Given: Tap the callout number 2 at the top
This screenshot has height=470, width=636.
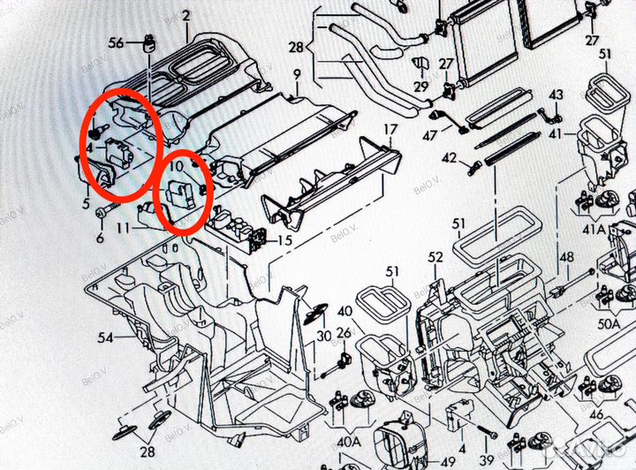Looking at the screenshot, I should pyautogui.click(x=185, y=16).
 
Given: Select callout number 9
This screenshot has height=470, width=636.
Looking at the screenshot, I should pyautogui.click(x=297, y=72).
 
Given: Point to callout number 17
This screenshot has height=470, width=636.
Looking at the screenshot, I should pyautogui.click(x=390, y=129).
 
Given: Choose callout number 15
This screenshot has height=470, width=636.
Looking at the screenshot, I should pyautogui.click(x=284, y=239).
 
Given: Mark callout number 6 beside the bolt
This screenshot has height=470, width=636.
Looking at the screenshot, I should pyautogui.click(x=99, y=238).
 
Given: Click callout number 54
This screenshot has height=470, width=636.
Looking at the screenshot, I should pyautogui.click(x=105, y=338).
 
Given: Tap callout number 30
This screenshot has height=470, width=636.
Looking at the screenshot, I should pyautogui.click(x=324, y=336).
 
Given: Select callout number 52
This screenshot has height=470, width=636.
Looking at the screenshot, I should pyautogui.click(x=435, y=257).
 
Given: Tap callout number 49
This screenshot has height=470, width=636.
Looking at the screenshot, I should pyautogui.click(x=448, y=459).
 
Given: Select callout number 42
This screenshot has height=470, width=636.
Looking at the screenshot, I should pyautogui.click(x=450, y=158).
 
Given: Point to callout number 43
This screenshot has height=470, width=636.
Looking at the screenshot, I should pyautogui.click(x=556, y=95).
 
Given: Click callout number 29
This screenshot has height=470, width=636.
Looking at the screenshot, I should pyautogui.click(x=420, y=87).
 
